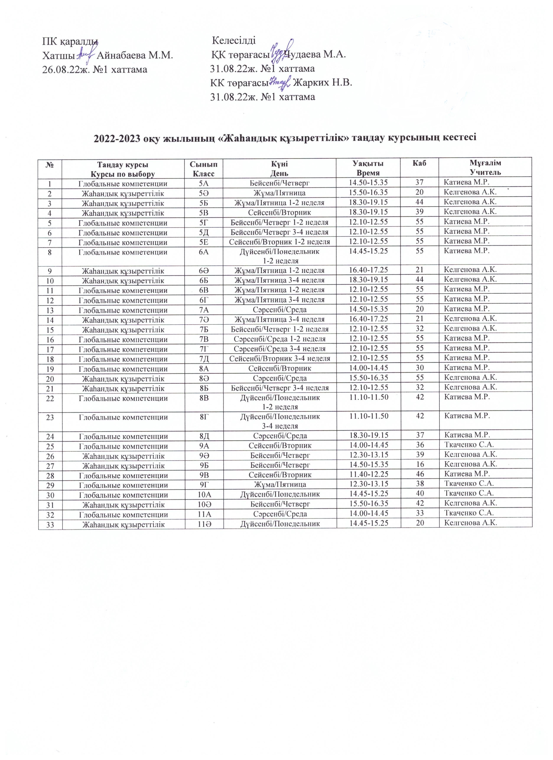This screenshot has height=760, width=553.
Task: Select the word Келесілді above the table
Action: [x=234, y=41]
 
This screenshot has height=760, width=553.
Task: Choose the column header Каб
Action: [x=420, y=163]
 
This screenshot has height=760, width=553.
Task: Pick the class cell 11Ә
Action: [x=204, y=524]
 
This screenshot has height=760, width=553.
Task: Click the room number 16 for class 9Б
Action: [x=420, y=464]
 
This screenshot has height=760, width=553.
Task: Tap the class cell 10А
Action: [x=204, y=494]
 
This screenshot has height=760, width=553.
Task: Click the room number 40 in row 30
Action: [x=420, y=494]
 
